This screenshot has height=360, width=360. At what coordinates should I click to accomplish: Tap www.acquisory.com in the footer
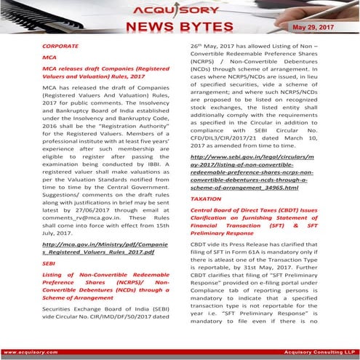coord(29,350)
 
